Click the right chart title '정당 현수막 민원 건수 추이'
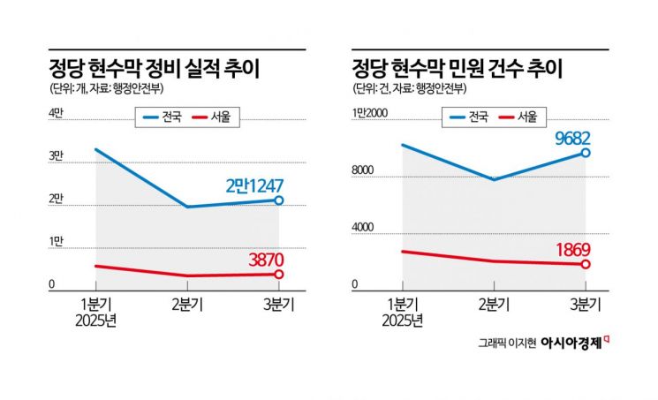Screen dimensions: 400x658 [x=457, y=68]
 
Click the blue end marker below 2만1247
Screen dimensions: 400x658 [x=278, y=200]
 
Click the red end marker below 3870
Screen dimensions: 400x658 [x=278, y=275]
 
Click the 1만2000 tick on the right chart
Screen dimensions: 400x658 [x=372, y=112]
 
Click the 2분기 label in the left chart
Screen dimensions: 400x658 [x=186, y=305]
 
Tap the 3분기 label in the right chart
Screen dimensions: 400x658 [x=584, y=305]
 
